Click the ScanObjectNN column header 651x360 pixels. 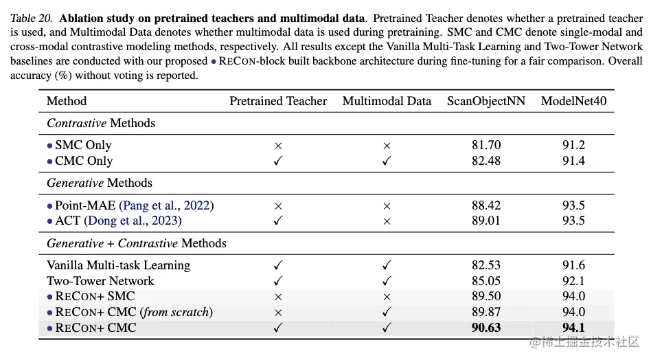pyautogui.click(x=486, y=101)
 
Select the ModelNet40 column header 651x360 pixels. pyautogui.click(x=573, y=101)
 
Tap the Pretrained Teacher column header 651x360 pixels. pyautogui.click(x=278, y=101)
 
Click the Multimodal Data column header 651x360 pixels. pyautogui.click(x=387, y=101)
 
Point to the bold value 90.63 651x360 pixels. pyautogui.click(x=486, y=328)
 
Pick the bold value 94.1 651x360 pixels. pyautogui.click(x=573, y=328)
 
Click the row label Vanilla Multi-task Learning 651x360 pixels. pyautogui.click(x=118, y=265)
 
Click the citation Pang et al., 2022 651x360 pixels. pyautogui.click(x=167, y=205)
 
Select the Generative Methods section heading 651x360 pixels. pyautogui.click(x=100, y=183)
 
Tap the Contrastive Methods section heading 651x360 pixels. pyautogui.click(x=101, y=123)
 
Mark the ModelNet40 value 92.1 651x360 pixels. pyautogui.click(x=573, y=281)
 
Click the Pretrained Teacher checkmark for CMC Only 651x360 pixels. pyautogui.click(x=278, y=161)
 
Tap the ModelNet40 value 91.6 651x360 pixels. pyautogui.click(x=573, y=265)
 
